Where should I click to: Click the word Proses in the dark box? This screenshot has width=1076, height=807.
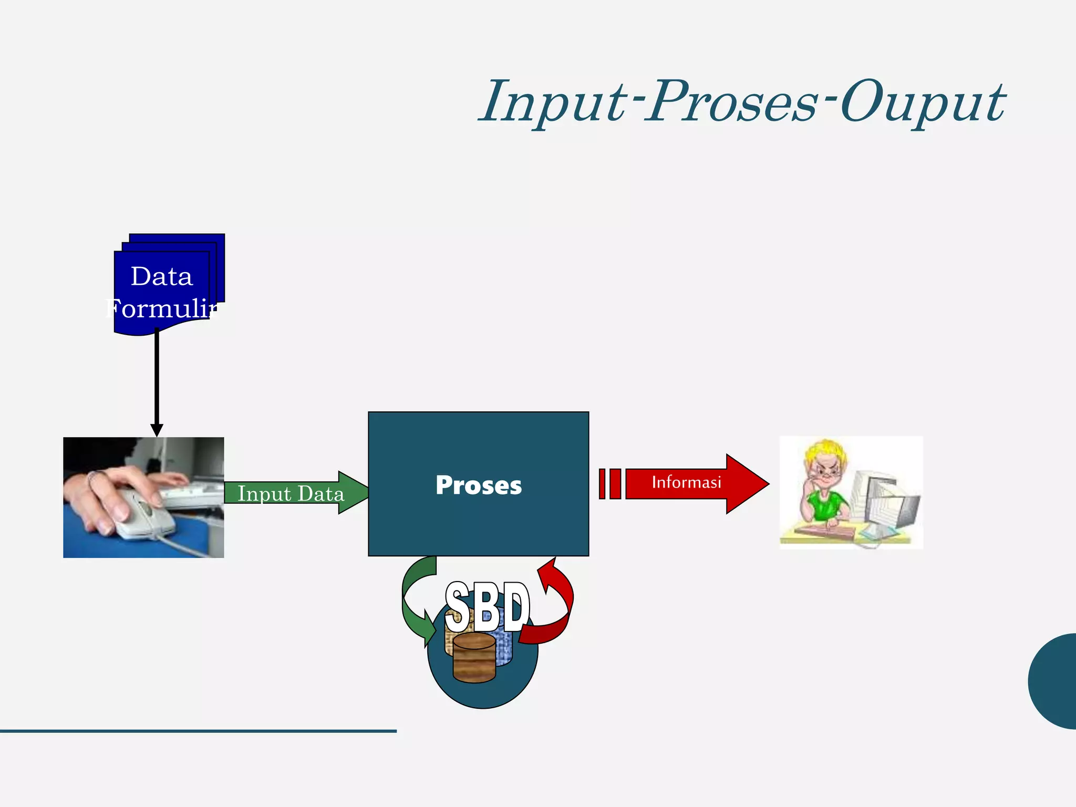[x=478, y=485]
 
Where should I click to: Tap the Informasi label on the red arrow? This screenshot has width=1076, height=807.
[x=686, y=482]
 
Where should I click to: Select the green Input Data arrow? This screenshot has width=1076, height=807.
[x=294, y=493]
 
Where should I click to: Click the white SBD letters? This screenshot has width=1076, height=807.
[x=487, y=608]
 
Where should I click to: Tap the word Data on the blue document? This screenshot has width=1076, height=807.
[x=161, y=276]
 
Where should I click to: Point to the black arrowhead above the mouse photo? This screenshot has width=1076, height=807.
[x=157, y=429]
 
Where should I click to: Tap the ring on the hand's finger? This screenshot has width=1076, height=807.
[x=92, y=477]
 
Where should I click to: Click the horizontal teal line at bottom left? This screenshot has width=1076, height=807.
[x=198, y=731]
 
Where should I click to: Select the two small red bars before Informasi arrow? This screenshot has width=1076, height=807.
[x=609, y=483]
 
